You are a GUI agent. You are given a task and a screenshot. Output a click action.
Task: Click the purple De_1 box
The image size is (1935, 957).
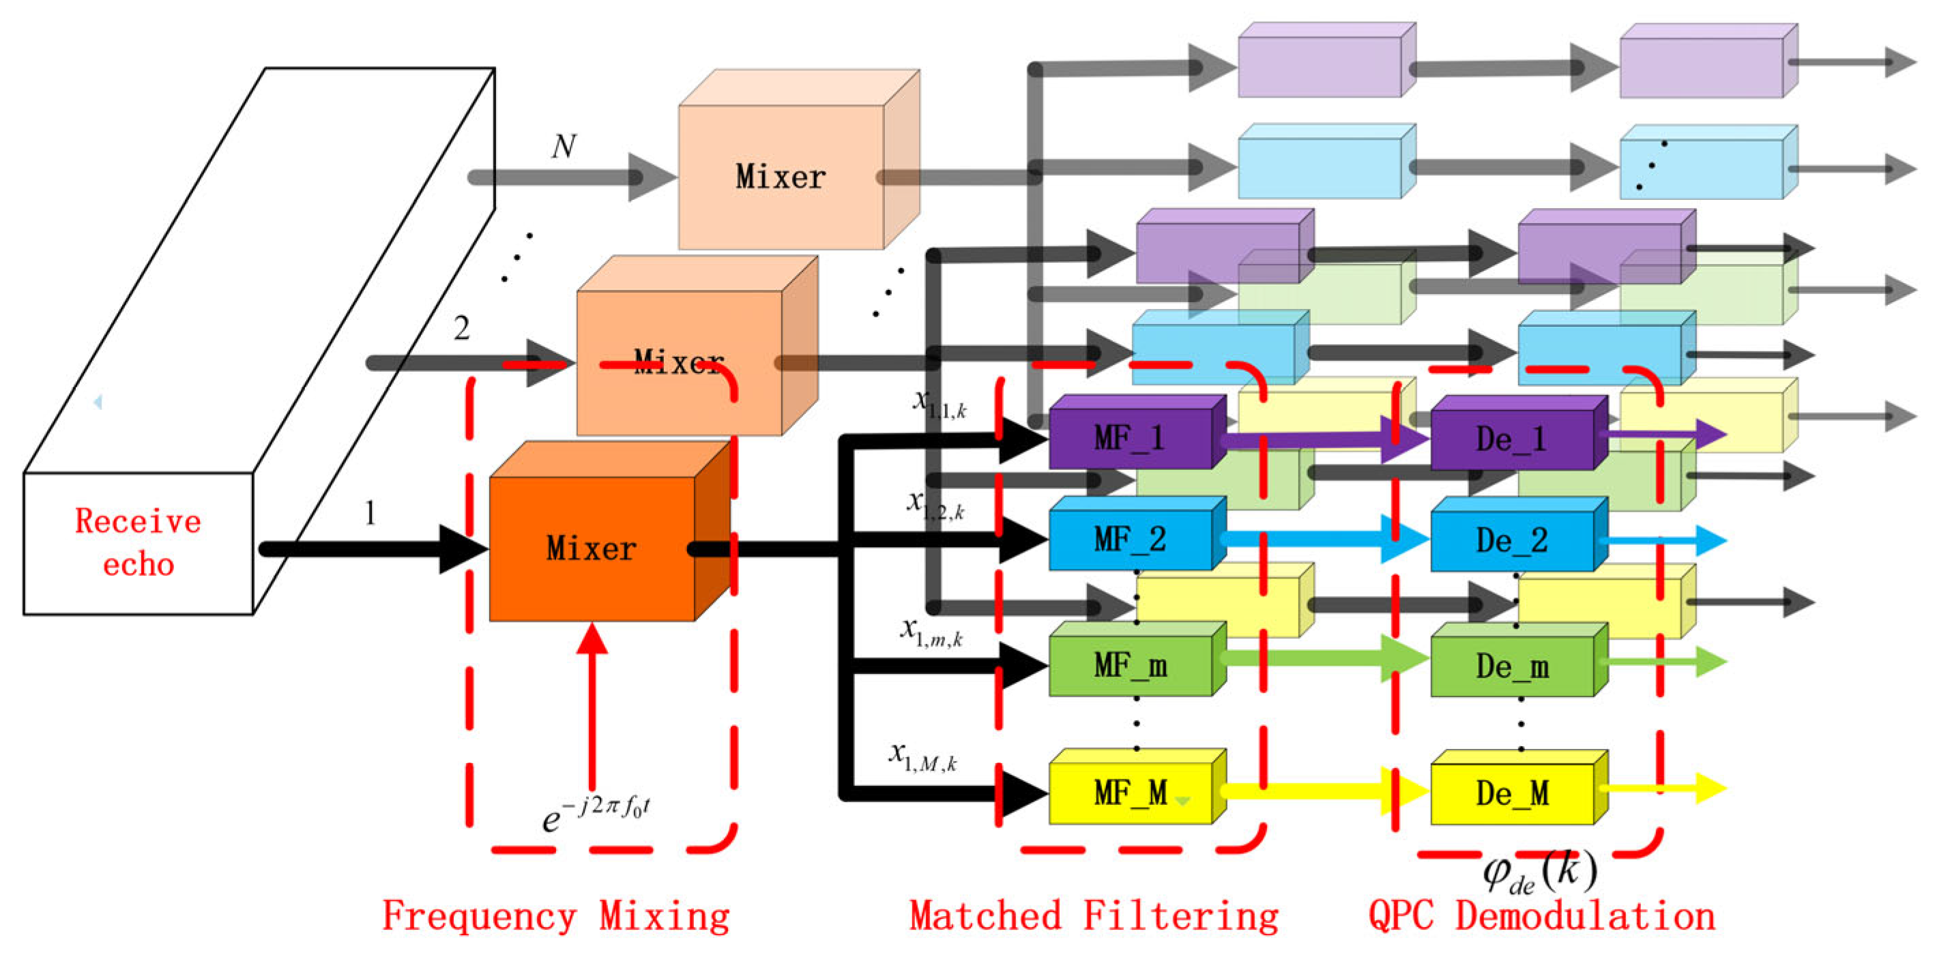[1511, 439]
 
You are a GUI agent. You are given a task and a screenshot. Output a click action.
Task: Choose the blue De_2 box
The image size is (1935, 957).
[1511, 541]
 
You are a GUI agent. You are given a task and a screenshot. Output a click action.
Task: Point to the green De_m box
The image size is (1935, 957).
[1511, 667]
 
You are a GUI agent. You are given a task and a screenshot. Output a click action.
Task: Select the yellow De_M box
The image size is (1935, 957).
[1511, 794]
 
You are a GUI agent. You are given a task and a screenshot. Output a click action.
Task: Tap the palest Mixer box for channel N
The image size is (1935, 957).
[781, 177]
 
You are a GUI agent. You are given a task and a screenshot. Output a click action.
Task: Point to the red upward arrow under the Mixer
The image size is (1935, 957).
[593, 706]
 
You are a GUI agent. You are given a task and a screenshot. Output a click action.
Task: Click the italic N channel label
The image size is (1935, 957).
[564, 147]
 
